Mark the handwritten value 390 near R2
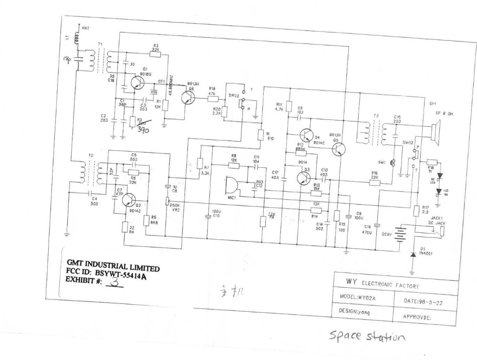pos(143,128)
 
